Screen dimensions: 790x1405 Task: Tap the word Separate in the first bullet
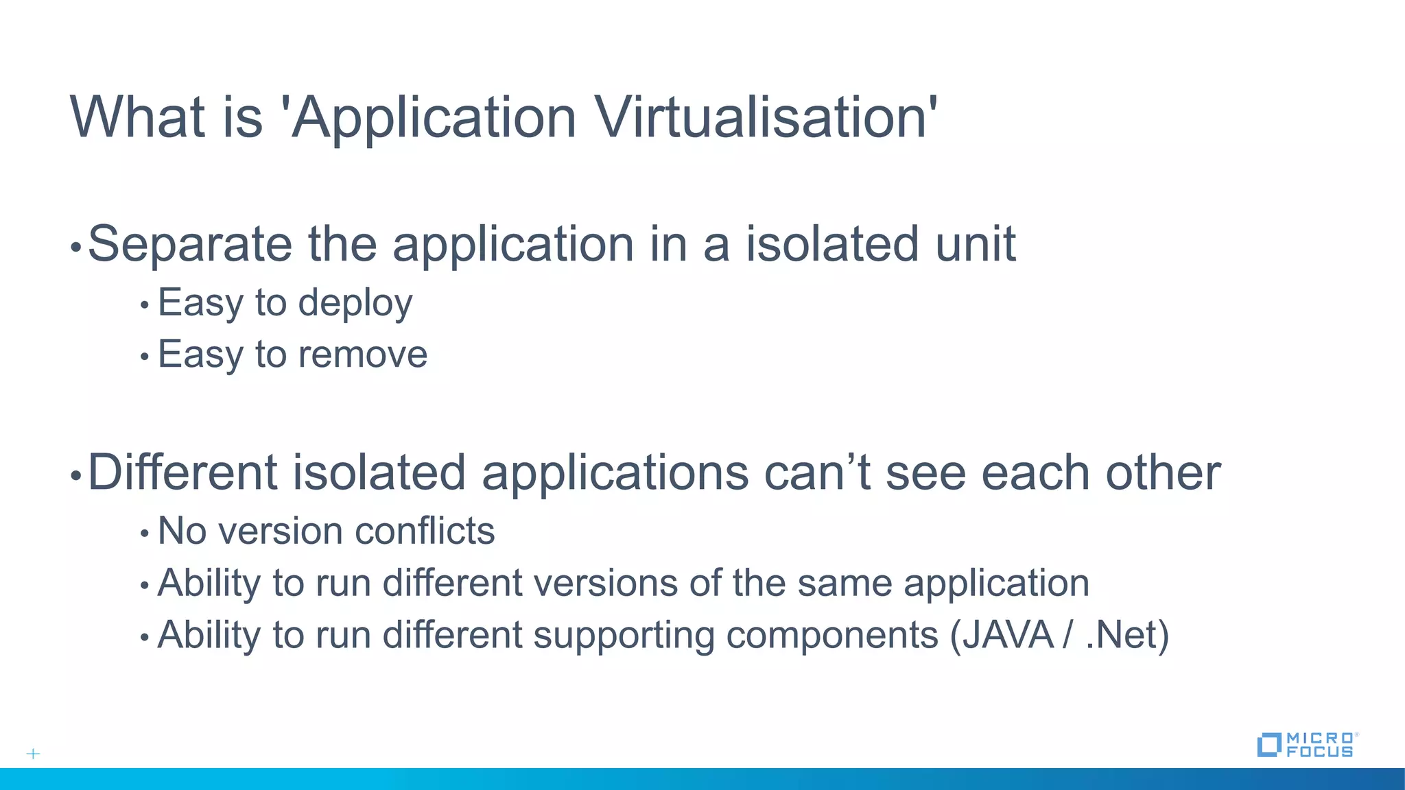click(190, 244)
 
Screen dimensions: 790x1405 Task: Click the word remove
click(362, 355)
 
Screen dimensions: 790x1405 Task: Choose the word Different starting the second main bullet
click(182, 472)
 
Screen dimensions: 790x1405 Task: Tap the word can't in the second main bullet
click(817, 472)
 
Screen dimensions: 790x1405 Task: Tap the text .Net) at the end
click(1127, 635)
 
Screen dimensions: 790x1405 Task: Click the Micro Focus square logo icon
click(1268, 745)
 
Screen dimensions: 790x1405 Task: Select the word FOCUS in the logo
click(1319, 752)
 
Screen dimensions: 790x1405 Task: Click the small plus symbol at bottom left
click(33, 754)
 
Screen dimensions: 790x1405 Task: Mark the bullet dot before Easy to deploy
click(144, 304)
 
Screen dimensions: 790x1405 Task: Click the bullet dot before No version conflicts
click(144, 533)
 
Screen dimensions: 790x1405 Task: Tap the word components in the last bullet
click(831, 635)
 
